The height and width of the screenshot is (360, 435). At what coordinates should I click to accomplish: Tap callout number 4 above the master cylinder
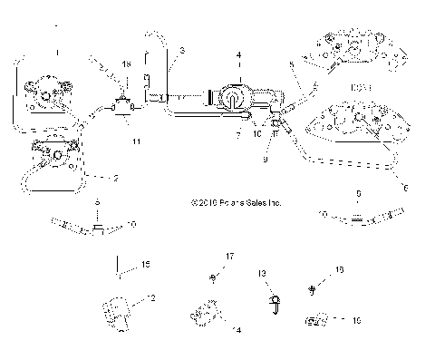[239, 55]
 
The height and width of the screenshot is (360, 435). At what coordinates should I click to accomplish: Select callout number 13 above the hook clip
[261, 272]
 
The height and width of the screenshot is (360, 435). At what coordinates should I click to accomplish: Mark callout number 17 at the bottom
[229, 258]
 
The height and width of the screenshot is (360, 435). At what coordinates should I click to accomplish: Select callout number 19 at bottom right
[355, 320]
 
